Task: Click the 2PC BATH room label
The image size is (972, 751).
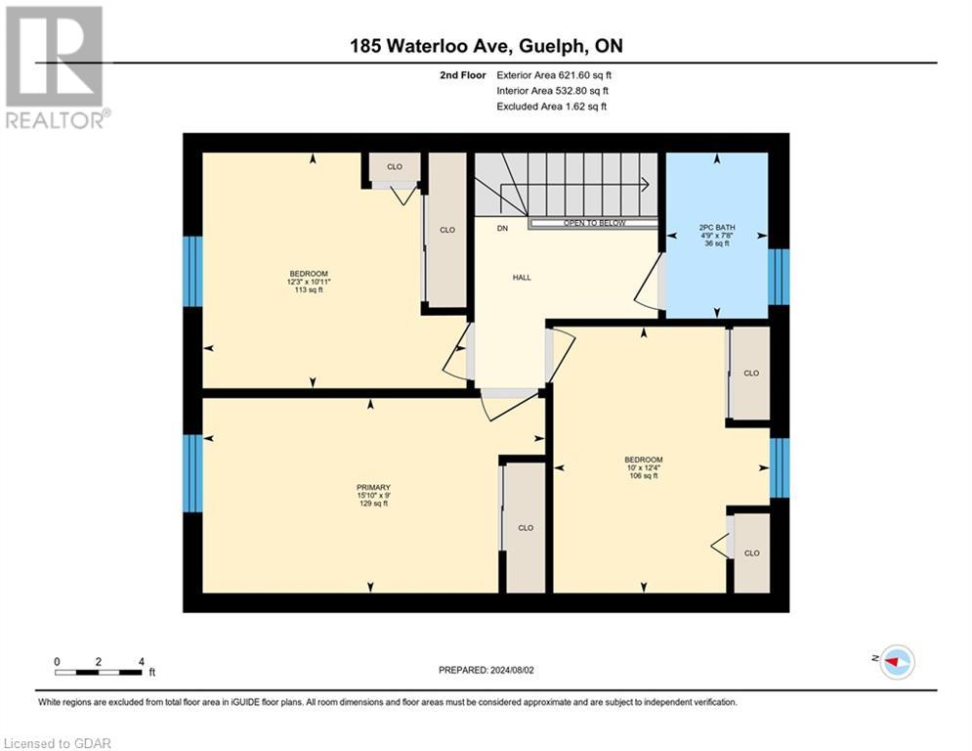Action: click(x=717, y=238)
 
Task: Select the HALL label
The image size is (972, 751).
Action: click(x=522, y=278)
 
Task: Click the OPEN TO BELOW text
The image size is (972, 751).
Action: click(x=594, y=224)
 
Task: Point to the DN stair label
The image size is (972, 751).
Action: click(x=502, y=229)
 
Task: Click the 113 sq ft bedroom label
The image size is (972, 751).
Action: click(x=308, y=282)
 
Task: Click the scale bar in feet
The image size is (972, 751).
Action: click(x=99, y=671)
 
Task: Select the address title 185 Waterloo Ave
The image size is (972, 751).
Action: click(x=486, y=46)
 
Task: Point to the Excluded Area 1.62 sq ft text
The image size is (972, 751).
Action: click(x=551, y=107)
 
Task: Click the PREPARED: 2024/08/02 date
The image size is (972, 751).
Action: click(x=487, y=670)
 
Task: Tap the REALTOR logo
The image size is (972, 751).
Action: click(x=55, y=66)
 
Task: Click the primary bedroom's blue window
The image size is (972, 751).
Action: click(x=193, y=474)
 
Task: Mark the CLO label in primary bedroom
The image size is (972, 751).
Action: click(x=526, y=528)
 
